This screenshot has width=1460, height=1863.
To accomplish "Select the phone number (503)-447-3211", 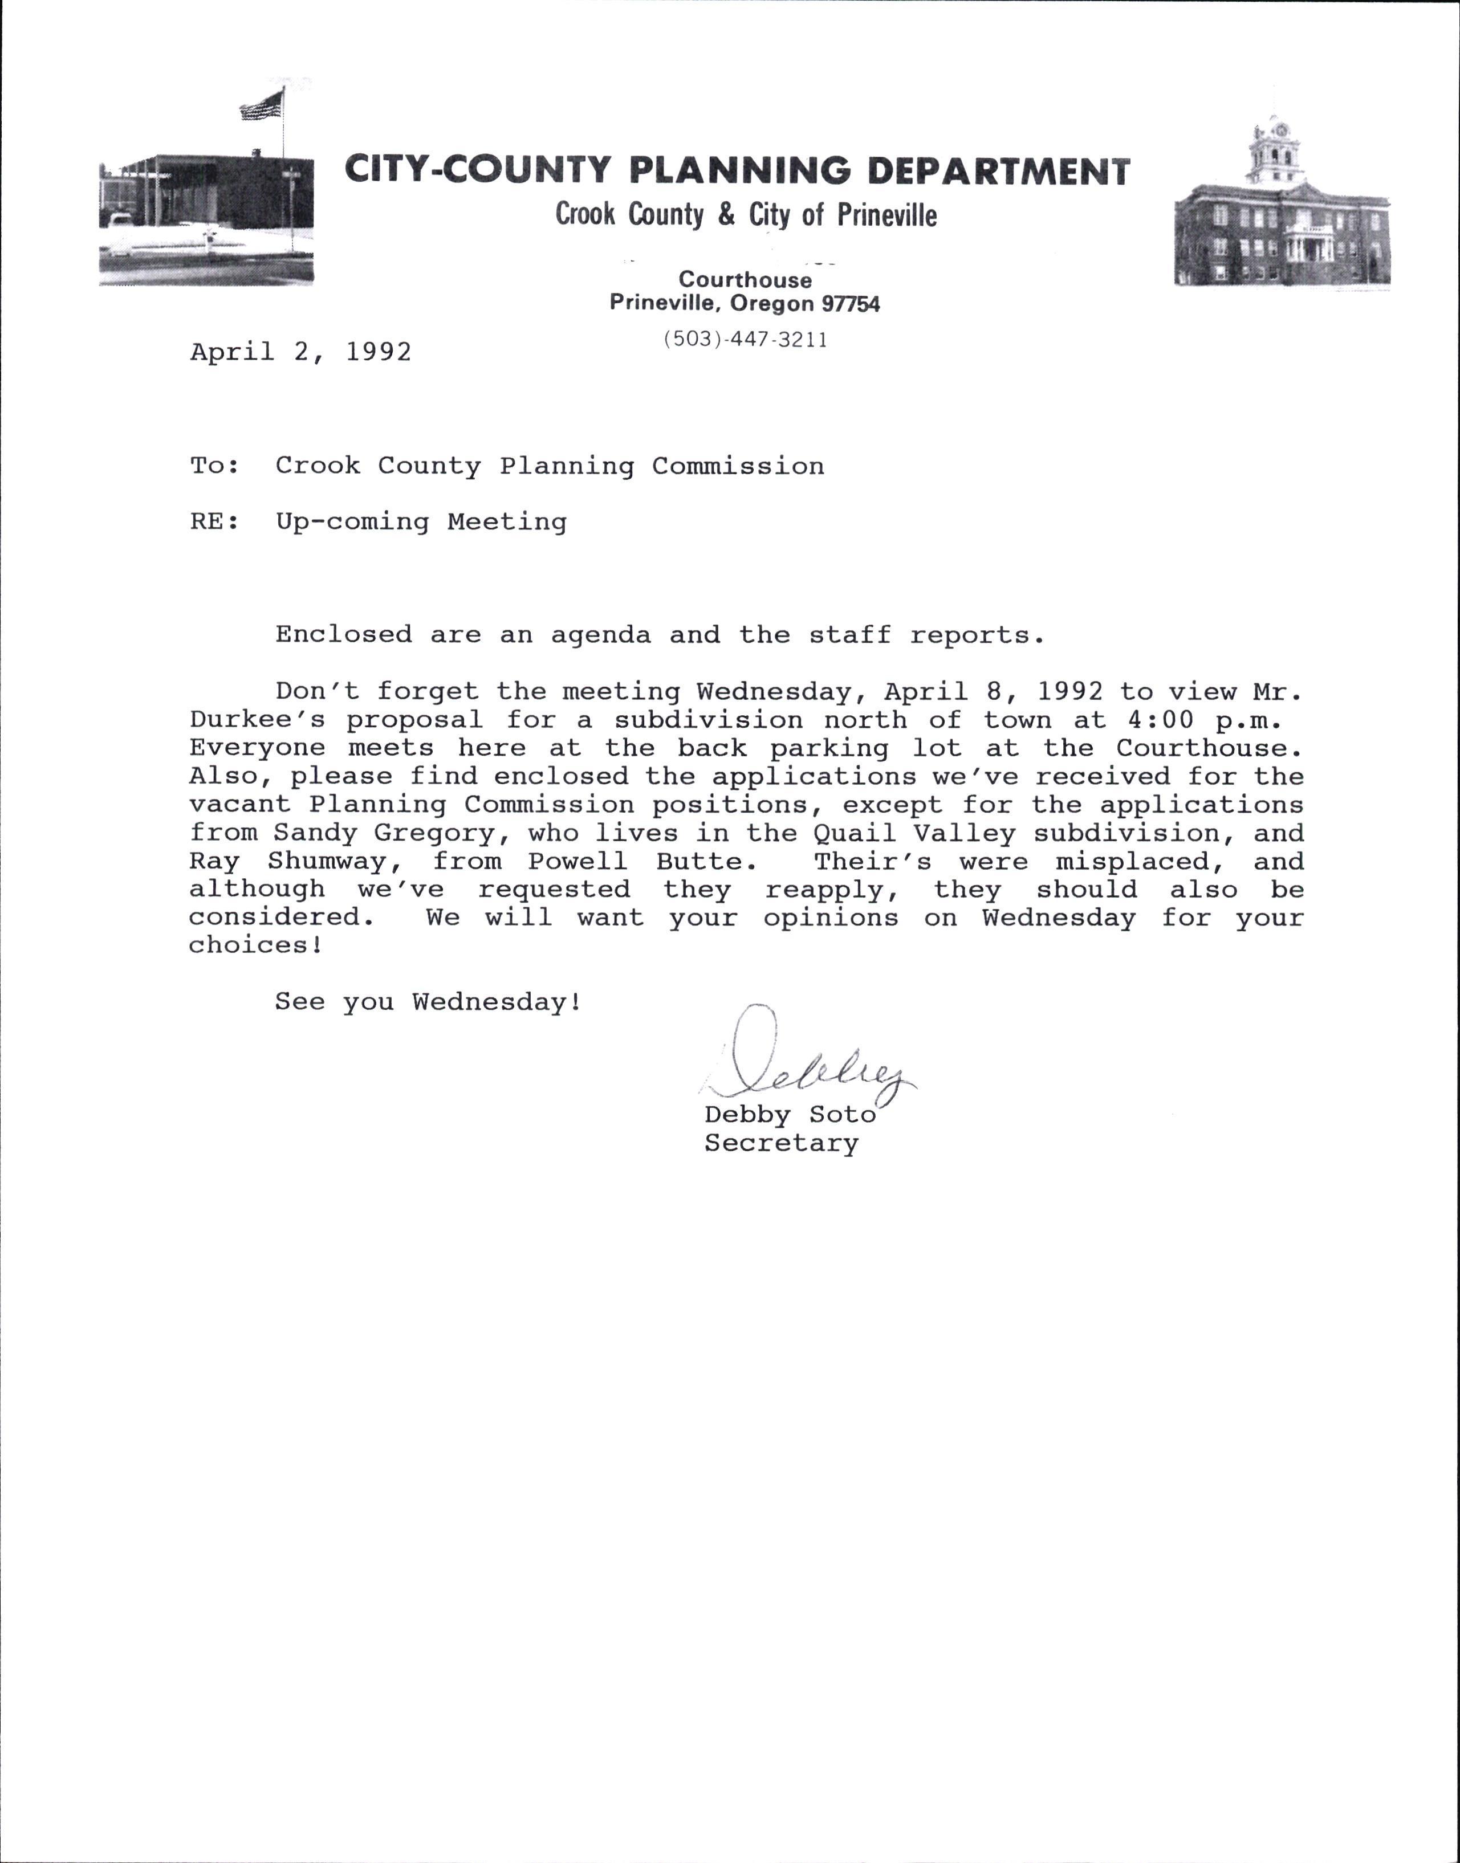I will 745,340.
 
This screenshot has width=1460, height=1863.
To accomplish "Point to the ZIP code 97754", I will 851,303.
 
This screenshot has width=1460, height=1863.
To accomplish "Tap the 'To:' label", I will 214,466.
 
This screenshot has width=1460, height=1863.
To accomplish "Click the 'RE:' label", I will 214,521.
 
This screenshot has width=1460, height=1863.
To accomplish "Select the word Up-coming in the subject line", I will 351,521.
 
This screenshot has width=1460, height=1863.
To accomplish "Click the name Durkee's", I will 257,720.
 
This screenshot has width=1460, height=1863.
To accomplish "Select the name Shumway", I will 327,862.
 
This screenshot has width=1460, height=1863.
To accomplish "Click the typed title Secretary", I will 781,1143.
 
